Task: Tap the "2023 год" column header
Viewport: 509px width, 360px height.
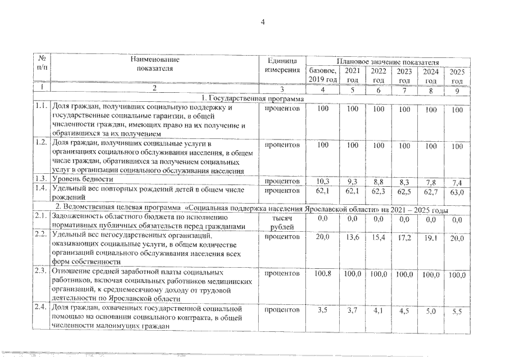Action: (x=403, y=76)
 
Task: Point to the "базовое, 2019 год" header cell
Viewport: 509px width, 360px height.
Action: (x=323, y=76)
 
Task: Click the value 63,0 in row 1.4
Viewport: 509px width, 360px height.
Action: (x=457, y=193)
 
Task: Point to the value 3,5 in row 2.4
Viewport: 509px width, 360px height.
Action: (x=323, y=310)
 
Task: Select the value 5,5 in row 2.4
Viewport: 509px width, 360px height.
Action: (x=457, y=311)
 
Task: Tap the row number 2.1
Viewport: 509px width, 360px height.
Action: (x=39, y=215)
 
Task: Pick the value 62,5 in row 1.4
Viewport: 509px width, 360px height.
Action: (x=404, y=192)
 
